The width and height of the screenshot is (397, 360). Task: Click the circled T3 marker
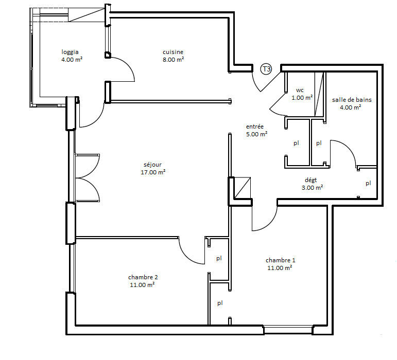click(x=266, y=69)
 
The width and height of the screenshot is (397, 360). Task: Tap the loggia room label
click(x=70, y=52)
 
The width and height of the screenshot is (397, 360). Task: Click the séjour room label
click(x=153, y=165)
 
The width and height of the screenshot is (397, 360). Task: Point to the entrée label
click(x=255, y=127)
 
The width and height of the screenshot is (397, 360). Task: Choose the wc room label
click(x=300, y=90)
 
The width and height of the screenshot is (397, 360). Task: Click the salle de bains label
click(x=352, y=100)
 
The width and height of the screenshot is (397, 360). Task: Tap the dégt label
click(x=310, y=180)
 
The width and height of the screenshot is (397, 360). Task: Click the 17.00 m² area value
click(x=153, y=172)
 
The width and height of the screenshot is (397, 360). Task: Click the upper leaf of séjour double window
click(x=88, y=165)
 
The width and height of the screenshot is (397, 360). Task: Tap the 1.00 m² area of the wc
click(x=302, y=97)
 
